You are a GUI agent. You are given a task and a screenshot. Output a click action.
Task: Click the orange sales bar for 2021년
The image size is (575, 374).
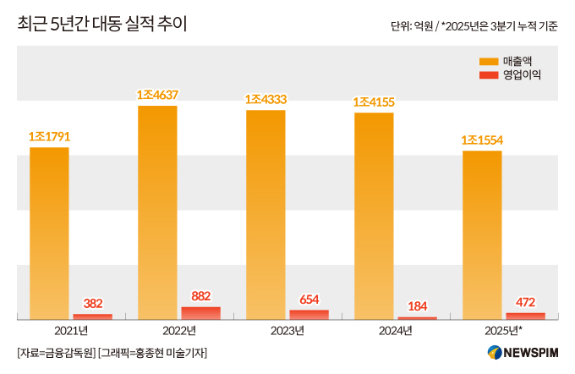point(49,233)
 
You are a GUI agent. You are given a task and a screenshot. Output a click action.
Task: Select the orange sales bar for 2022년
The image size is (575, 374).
point(157,212)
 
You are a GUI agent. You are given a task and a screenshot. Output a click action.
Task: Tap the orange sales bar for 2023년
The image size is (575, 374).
point(266,214)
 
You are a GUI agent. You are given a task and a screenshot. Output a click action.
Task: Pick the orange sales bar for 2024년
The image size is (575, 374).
point(374,215)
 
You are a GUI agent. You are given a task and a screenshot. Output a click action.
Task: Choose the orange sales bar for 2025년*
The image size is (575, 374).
point(482,234)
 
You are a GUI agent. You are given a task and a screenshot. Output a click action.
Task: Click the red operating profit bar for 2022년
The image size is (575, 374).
point(200,313)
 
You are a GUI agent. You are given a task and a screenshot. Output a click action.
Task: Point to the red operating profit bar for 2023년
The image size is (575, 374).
point(309,315)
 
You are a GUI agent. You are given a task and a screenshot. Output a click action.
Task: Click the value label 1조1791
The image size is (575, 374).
point(49,136)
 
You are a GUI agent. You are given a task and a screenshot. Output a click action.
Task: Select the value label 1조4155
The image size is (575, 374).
point(374,102)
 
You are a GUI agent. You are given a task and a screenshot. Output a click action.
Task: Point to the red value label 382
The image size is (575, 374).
point(93,303)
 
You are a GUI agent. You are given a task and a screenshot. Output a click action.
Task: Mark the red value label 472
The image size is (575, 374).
point(526,301)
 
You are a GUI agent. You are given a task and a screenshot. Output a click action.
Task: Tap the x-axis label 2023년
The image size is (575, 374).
point(287,330)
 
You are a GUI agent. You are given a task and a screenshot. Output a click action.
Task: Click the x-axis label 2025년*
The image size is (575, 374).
point(504,330)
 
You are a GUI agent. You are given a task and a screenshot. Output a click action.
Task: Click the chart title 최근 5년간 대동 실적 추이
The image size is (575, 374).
point(102,25)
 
